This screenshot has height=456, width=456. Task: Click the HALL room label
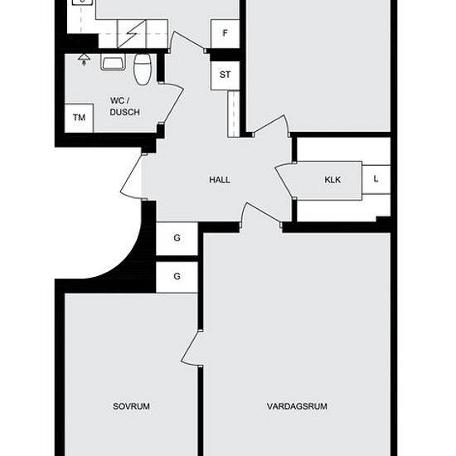[220, 180]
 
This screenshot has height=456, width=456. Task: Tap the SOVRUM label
[131, 406]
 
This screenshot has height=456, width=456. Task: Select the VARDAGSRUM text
[297, 406]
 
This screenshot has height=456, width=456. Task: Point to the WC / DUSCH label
[124, 106]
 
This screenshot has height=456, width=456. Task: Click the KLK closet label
[332, 180]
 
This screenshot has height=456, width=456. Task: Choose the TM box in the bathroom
[79, 118]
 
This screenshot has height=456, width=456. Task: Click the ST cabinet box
[225, 75]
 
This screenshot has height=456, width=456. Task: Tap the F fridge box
[225, 34]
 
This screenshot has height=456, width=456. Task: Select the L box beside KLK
[376, 179]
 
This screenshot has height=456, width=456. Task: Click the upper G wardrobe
[177, 239]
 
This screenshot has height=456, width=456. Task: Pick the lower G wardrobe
[177, 277]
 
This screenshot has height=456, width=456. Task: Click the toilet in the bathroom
[143, 69]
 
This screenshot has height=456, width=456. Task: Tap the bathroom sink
[113, 62]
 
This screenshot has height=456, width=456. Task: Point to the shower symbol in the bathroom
[84, 60]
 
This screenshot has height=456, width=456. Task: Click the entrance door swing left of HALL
[131, 177]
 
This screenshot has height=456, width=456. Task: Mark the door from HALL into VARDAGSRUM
[261, 214]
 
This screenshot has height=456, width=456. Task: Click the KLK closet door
[285, 181]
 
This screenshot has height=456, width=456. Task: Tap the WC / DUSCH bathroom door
[172, 104]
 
